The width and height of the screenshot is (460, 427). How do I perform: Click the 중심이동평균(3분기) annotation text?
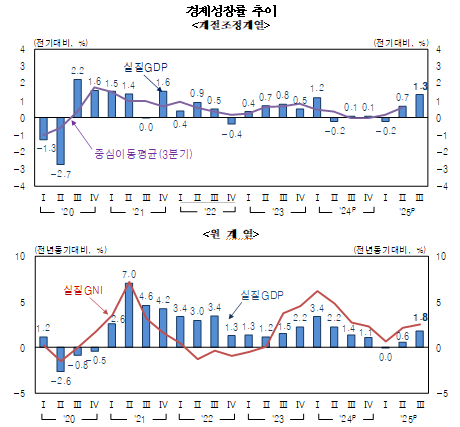(138, 156)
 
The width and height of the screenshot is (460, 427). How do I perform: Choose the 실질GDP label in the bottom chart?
(263, 295)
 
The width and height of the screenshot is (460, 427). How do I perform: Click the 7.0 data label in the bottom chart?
(129, 273)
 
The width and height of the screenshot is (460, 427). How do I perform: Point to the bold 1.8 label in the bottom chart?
(421, 317)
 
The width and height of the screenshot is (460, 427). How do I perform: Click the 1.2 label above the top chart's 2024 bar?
(317, 89)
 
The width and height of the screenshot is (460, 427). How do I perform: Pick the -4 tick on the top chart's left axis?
(20, 186)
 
